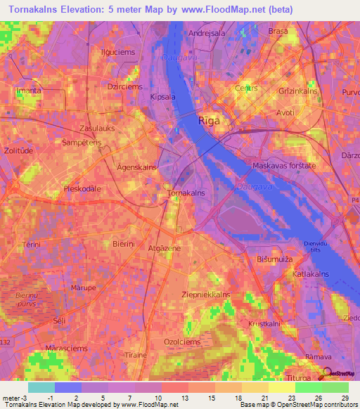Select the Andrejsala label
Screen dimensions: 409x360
coord(205,32)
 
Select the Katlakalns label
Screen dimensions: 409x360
coord(312,272)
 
